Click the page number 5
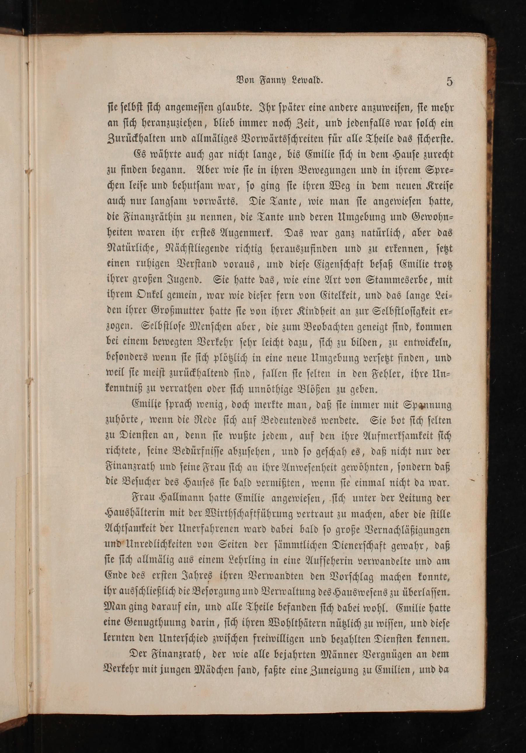[449, 82]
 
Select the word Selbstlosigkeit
[385, 312]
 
